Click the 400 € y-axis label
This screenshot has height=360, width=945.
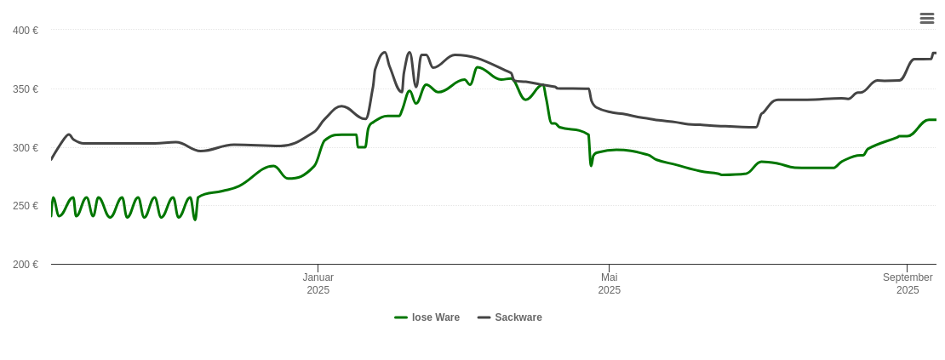tap(26, 31)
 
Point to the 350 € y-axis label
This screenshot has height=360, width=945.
tap(26, 89)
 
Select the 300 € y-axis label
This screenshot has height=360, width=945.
tap(26, 148)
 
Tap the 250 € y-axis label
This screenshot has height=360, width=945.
tap(26, 206)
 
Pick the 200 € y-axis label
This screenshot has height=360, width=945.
tap(26, 265)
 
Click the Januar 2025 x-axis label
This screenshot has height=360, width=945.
tap(318, 283)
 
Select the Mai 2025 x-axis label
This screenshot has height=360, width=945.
tap(609, 283)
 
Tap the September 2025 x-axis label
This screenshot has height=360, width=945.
tap(908, 283)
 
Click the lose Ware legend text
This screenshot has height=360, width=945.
tap(435, 317)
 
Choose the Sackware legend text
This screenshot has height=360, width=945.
tap(518, 317)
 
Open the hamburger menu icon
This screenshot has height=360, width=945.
tap(927, 18)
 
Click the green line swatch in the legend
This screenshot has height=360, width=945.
tap(401, 317)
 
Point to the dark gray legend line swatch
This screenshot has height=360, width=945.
tap(484, 317)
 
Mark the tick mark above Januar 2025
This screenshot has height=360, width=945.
tap(318, 268)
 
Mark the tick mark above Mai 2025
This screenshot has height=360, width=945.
tap(609, 268)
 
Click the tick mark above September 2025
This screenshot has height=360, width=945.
tap(907, 268)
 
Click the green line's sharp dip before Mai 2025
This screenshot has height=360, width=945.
tap(591, 164)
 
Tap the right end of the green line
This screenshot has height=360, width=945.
tap(936, 120)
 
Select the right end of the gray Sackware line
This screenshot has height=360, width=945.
tap(936, 54)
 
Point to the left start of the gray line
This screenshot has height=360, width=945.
tap(52, 159)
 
